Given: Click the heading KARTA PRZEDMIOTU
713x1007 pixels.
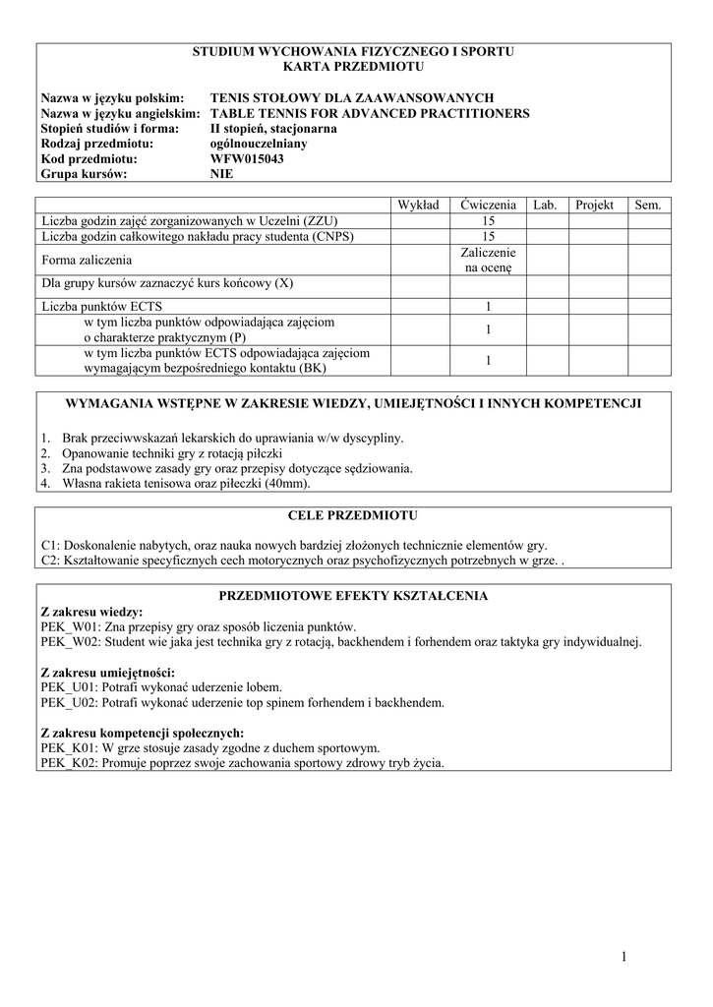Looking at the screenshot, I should [353, 67].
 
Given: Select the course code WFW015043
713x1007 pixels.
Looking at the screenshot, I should [247, 158].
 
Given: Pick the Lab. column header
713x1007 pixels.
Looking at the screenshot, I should [545, 205].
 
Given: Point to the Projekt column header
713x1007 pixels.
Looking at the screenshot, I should [594, 205].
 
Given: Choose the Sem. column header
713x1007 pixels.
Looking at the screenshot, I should [648, 205].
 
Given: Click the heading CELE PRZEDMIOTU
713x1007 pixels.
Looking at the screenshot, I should [353, 515].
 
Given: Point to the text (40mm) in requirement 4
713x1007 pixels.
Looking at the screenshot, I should [287, 484].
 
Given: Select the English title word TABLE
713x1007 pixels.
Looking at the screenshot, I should [232, 113].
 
